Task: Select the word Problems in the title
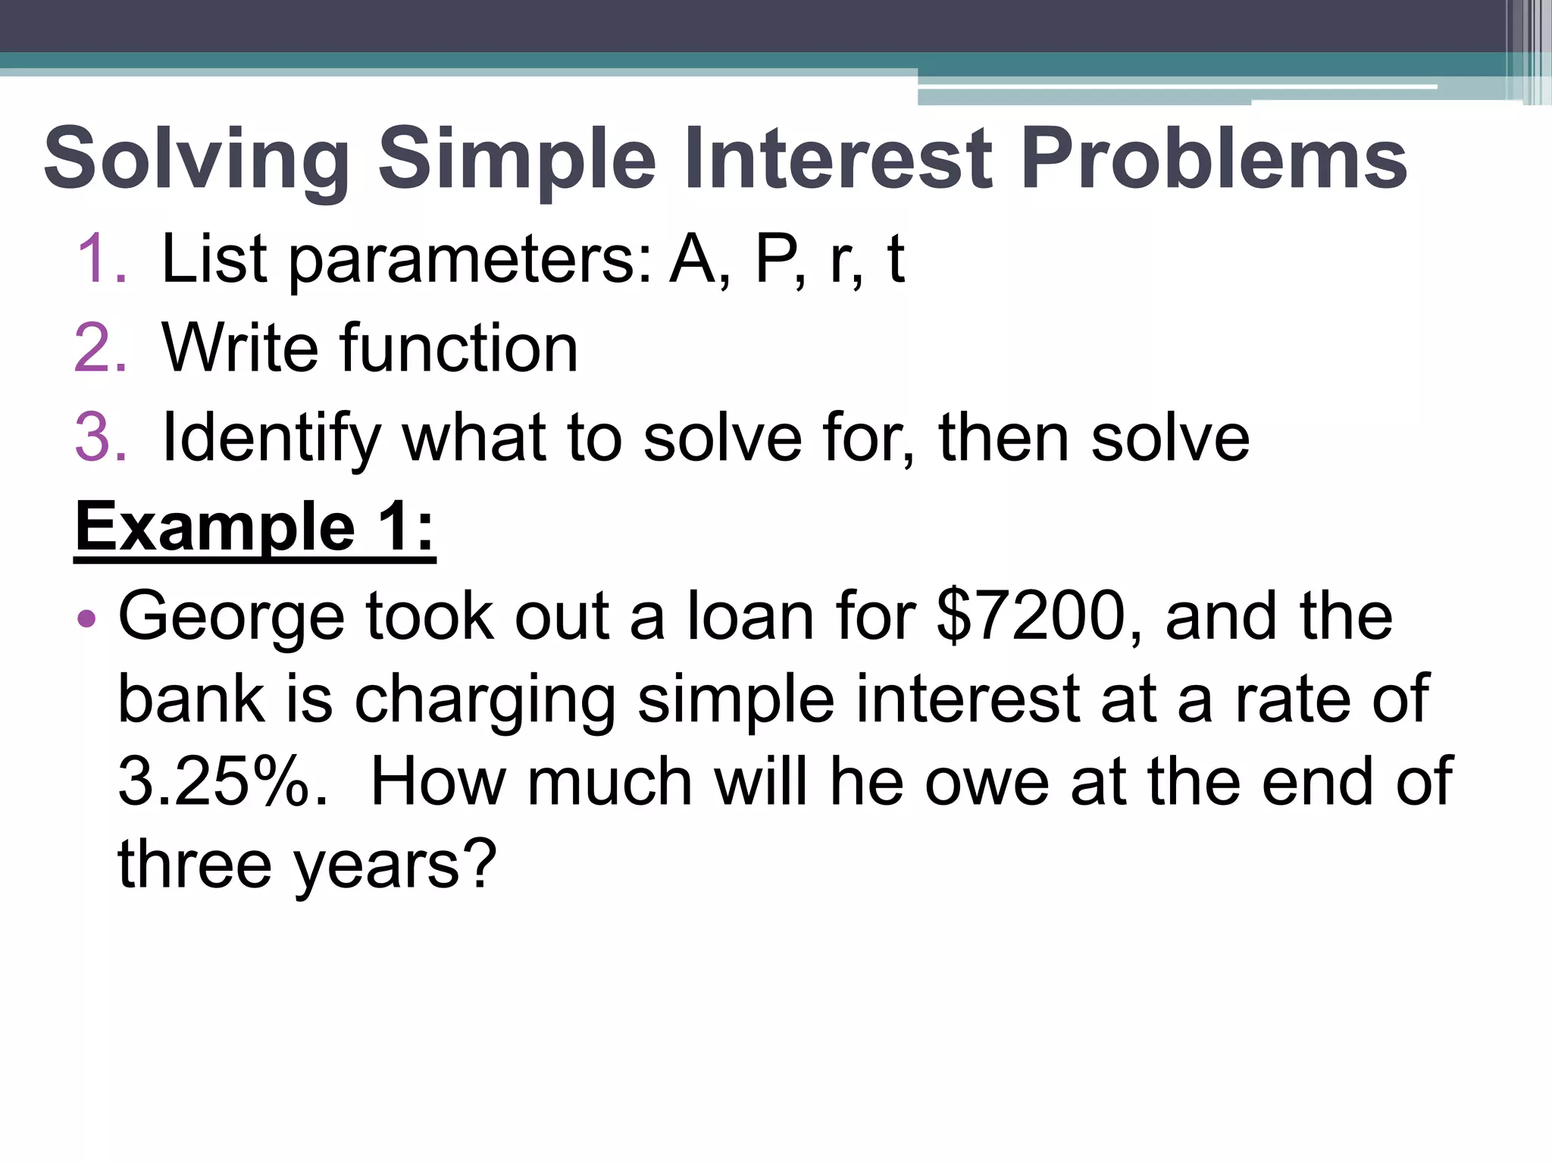[1213, 159]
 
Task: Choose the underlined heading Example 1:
[255, 527]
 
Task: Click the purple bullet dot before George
[87, 618]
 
